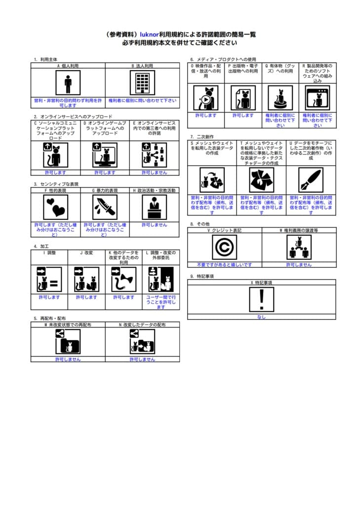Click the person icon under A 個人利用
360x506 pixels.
68,83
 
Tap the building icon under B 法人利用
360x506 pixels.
142,83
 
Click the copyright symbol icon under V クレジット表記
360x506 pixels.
224,247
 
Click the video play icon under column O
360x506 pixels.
205,98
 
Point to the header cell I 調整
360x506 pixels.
49,253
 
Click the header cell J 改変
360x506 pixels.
86,253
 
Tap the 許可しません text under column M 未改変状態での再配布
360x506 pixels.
68,359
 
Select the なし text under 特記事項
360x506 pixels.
262,317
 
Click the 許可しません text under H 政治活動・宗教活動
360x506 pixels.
155,224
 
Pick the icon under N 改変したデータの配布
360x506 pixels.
142,341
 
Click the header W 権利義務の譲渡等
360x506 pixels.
299,230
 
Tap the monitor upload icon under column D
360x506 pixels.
105,155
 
